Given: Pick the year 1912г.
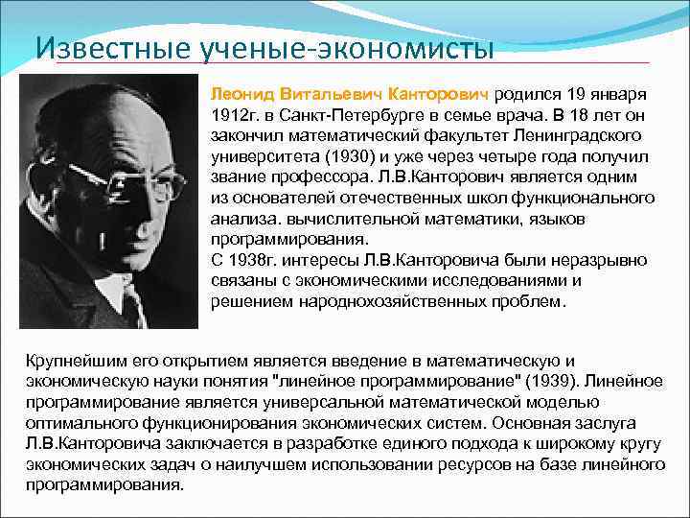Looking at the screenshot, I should click(x=231, y=115).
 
